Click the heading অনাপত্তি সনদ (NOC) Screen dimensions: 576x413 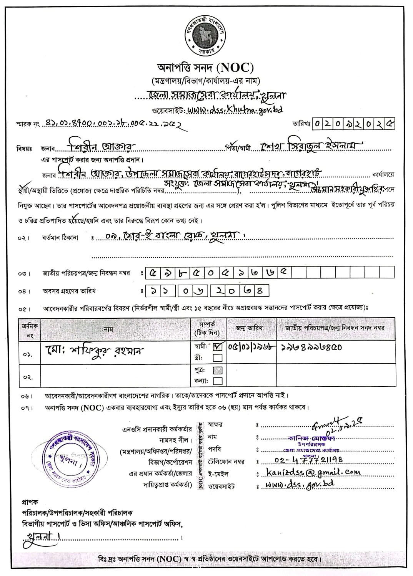click(x=206, y=68)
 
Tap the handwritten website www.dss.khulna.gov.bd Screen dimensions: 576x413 click(x=235, y=110)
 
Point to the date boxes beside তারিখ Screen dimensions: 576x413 click(x=353, y=124)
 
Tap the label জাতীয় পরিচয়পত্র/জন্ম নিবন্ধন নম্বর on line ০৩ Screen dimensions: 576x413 click(x=86, y=273)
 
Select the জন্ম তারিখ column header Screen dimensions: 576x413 click(x=249, y=328)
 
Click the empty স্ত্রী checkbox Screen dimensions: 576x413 click(x=217, y=358)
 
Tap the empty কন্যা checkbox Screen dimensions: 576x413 click(x=217, y=381)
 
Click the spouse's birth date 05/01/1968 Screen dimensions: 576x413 click(x=251, y=347)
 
